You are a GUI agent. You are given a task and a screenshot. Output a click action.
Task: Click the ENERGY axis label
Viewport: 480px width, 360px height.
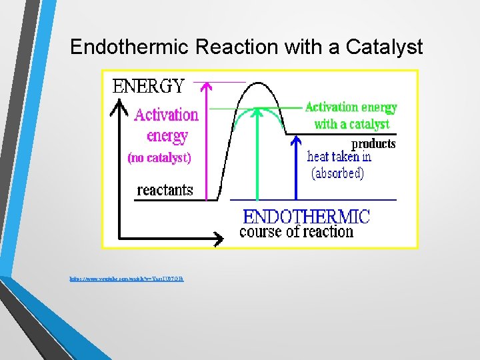point(148,86)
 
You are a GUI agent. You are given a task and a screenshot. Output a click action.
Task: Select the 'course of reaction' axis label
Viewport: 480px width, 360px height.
point(296,232)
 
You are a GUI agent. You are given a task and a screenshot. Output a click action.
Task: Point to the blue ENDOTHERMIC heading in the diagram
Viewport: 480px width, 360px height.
point(306,217)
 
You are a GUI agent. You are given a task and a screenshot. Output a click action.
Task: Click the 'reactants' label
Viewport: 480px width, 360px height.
point(165,190)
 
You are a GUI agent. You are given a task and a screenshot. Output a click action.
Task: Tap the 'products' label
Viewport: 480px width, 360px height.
point(373,144)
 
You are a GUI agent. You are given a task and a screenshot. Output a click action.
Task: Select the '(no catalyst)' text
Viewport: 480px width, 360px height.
point(159,159)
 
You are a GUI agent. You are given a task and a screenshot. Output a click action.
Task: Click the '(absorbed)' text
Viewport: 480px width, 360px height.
point(337,173)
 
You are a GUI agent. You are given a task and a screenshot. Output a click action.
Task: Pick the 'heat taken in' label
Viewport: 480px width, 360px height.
point(339,157)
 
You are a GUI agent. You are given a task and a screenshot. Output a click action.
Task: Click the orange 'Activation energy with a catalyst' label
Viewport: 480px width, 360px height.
point(351,115)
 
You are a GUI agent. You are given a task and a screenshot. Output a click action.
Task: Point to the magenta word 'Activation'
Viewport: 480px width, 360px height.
point(167,115)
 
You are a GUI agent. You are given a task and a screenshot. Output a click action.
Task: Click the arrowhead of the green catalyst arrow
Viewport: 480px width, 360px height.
point(257,113)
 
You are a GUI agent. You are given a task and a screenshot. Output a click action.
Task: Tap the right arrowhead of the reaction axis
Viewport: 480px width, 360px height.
point(219,237)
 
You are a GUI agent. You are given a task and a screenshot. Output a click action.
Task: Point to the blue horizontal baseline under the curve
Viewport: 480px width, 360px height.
point(313,200)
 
